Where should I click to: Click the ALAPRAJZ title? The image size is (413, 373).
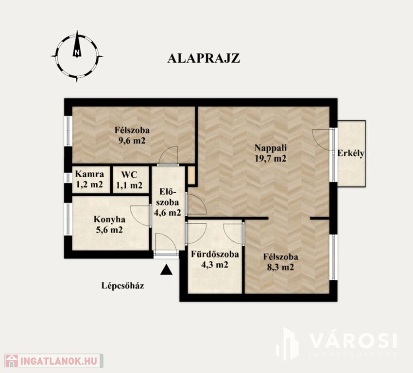click(x=204, y=58)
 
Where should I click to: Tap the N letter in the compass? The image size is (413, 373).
click(x=77, y=52)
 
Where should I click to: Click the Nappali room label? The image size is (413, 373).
click(x=271, y=148)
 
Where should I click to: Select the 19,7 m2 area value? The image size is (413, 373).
click(x=270, y=158)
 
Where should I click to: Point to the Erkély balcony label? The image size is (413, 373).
click(x=351, y=153)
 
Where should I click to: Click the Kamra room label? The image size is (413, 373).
click(x=89, y=174)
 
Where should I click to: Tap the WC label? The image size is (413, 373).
click(x=129, y=174)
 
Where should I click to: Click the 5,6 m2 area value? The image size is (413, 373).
click(x=110, y=230)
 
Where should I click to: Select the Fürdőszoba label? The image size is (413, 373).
click(x=215, y=254)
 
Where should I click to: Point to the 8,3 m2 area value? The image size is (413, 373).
click(x=280, y=267)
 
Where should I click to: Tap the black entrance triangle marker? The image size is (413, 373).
click(x=166, y=270)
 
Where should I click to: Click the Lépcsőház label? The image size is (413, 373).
click(x=123, y=286)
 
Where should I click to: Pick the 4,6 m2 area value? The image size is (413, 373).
click(x=167, y=212)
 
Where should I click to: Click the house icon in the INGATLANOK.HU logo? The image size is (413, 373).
click(x=12, y=361)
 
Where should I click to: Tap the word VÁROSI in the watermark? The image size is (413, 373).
click(x=353, y=340)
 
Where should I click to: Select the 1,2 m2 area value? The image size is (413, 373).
click(x=89, y=185)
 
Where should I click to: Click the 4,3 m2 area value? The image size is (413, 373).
click(x=215, y=265)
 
